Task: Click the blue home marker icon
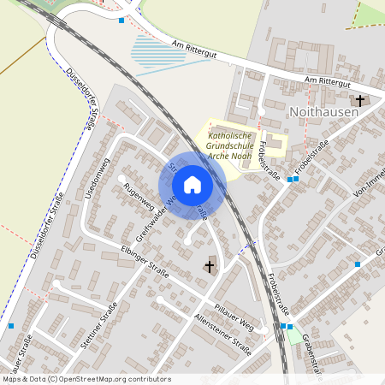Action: tap(192, 185)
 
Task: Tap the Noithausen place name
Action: tap(324, 112)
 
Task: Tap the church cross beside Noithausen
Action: tap(360, 101)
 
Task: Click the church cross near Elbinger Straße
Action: tap(209, 267)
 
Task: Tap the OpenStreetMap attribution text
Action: tap(86, 379)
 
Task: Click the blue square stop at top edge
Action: tap(121, 20)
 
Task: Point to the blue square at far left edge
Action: tap(11, 325)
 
